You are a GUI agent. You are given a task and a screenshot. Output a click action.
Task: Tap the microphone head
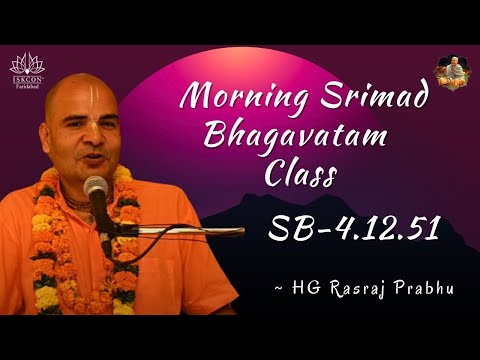[x=96, y=188]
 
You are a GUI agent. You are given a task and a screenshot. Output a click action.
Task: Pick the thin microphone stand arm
[x=180, y=231]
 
